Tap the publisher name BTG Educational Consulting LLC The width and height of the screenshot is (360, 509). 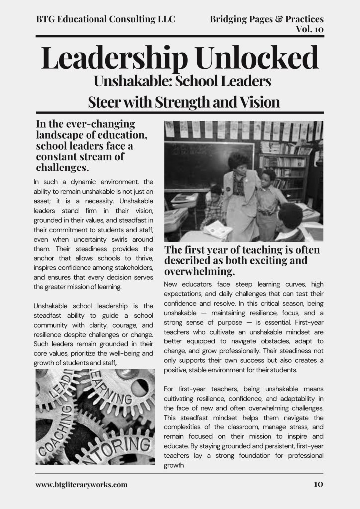pos(105,19)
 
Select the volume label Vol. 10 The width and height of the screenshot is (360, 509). pos(309,29)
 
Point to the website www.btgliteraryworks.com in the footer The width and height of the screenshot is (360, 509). pos(82,484)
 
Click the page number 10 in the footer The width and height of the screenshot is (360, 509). pos(319,484)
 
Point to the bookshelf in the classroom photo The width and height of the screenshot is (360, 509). pos(283,169)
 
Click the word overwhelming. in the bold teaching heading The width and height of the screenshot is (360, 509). pos(199,272)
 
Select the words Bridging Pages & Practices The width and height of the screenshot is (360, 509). pos(267,19)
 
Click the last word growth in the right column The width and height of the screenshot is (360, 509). pos(174,466)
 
